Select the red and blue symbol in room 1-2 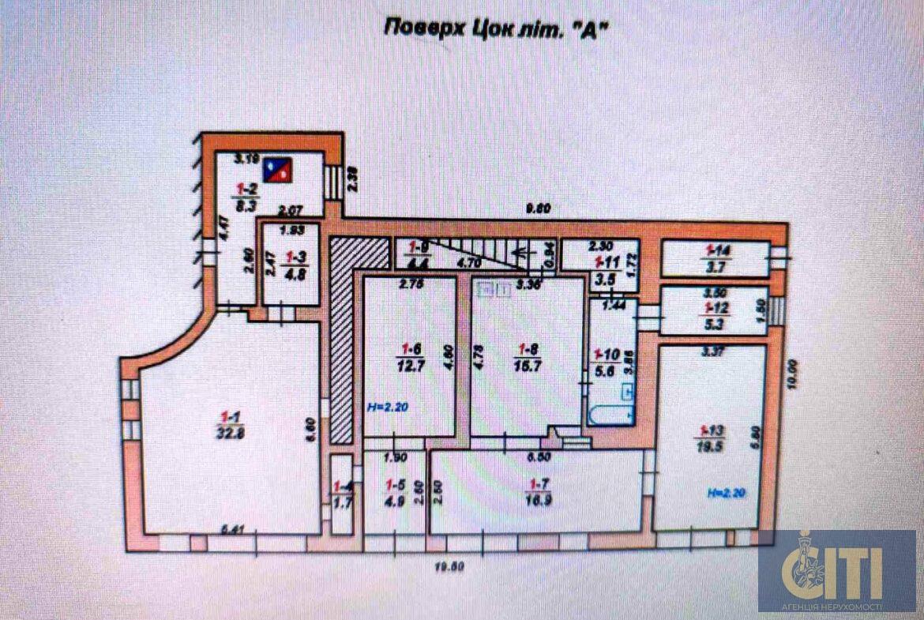[x=277, y=167]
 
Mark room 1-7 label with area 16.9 [x=539, y=499]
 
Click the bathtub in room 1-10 [x=608, y=415]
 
